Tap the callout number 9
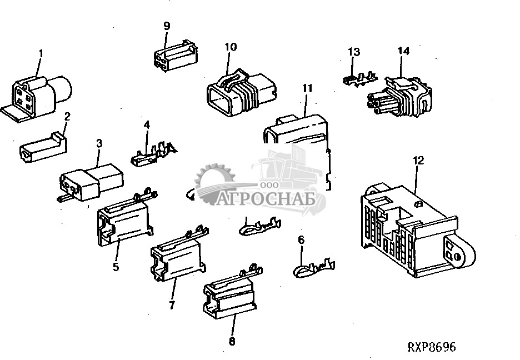pyautogui.click(x=167, y=26)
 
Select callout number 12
pyautogui.click(x=418, y=161)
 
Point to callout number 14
pyautogui.click(x=403, y=51)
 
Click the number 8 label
pyautogui.click(x=232, y=341)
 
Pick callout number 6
pyautogui.click(x=302, y=240)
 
